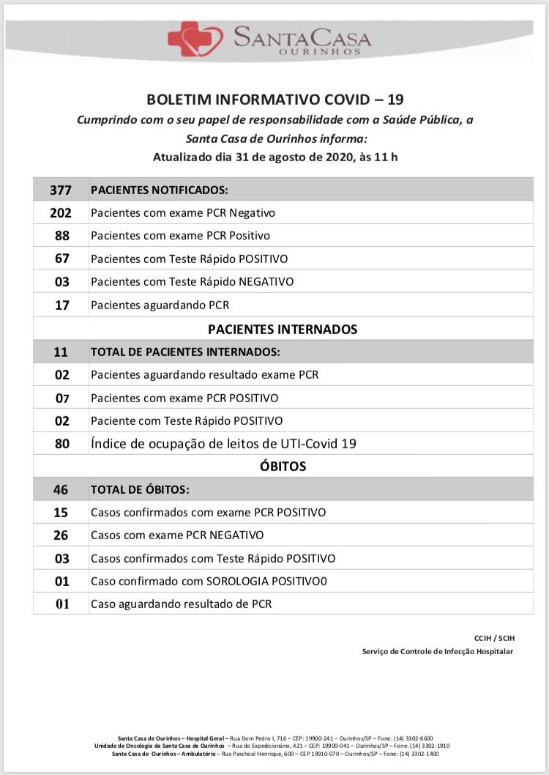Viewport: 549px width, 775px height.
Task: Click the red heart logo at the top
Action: click(195, 38)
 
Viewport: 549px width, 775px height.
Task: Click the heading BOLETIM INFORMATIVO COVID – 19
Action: click(275, 100)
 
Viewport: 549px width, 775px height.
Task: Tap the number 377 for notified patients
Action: click(61, 190)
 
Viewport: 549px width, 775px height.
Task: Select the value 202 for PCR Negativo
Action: click(61, 213)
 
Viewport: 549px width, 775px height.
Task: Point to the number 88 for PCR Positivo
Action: click(61, 236)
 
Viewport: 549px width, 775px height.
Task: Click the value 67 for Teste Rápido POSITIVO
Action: click(61, 259)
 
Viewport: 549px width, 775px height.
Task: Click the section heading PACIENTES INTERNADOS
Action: click(283, 329)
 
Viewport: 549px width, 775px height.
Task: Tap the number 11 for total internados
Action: click(61, 352)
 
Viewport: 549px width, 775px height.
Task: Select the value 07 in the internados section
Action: click(61, 398)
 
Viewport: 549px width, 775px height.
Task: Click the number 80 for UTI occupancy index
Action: click(61, 444)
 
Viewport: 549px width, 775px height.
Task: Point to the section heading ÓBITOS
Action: click(283, 466)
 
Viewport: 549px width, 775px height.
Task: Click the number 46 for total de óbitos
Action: click(61, 489)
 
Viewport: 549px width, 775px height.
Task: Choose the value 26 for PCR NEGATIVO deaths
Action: click(61, 535)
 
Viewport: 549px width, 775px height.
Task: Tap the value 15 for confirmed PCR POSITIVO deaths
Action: click(61, 513)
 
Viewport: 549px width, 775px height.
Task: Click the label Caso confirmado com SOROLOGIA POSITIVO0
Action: click(209, 582)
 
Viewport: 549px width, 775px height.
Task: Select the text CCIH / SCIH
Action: click(493, 638)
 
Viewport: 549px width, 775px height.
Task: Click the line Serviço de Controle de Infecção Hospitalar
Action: click(438, 651)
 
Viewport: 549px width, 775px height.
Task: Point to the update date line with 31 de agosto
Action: click(275, 157)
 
